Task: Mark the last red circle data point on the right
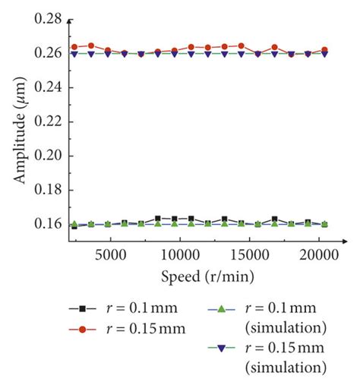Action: [x=325, y=50]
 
